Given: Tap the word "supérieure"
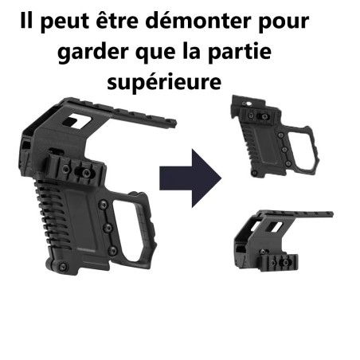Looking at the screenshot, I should click(164, 82).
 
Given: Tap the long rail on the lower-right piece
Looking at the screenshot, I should click(295, 217).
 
